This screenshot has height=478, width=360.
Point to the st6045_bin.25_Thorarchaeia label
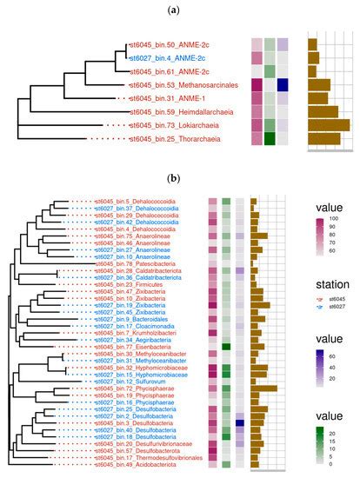(172, 138)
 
